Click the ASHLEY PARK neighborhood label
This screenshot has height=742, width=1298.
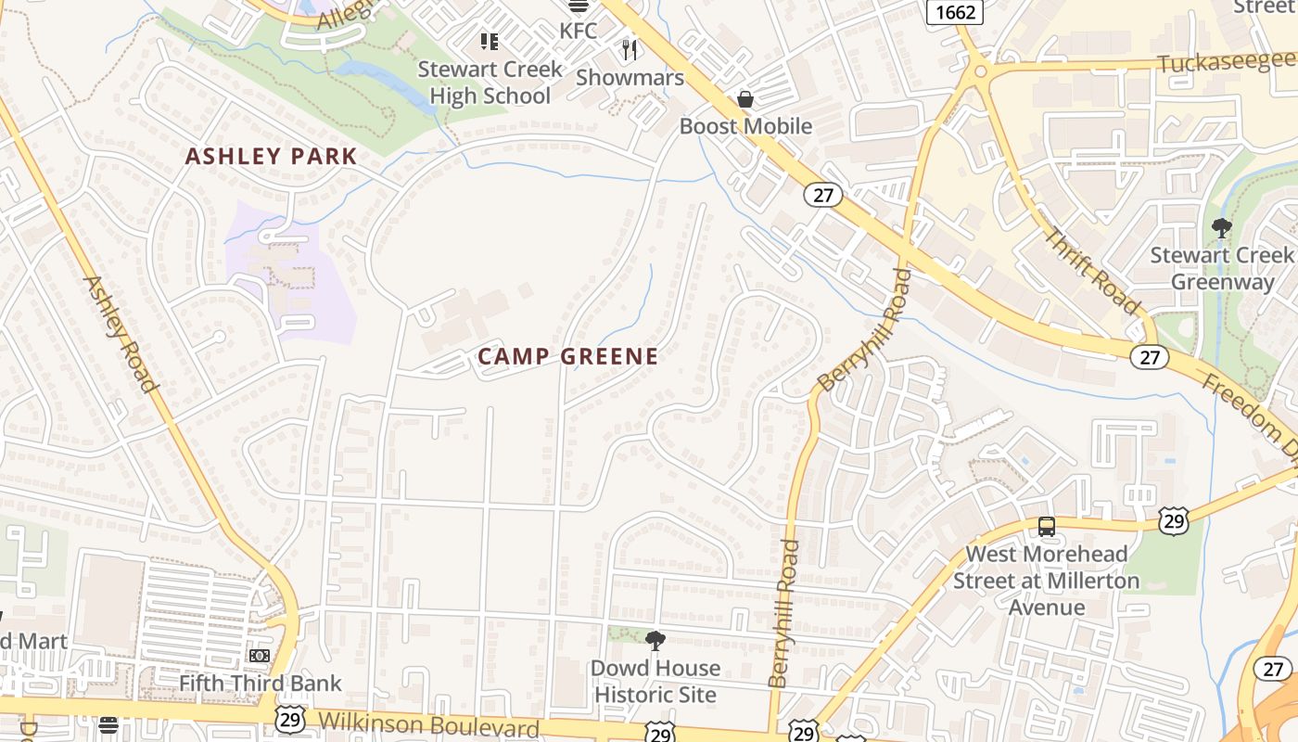pyautogui.click(x=271, y=156)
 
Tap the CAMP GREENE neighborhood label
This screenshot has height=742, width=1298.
pyautogui.click(x=567, y=356)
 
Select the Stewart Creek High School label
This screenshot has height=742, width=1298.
pyautogui.click(x=490, y=83)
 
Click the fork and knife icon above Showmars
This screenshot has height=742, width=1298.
pyautogui.click(x=630, y=50)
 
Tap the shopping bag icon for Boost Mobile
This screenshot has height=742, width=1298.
pyautogui.click(x=745, y=98)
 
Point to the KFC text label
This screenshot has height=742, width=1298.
pyautogui.click(x=579, y=31)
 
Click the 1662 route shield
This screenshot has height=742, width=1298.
pyautogui.click(x=955, y=11)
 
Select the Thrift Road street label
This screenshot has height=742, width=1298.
pyautogui.click(x=1091, y=270)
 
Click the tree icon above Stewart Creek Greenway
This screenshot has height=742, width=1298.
pyautogui.click(x=1222, y=227)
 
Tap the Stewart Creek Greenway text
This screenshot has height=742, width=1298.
pyautogui.click(x=1222, y=268)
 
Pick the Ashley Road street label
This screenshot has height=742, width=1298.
pyautogui.click(x=120, y=334)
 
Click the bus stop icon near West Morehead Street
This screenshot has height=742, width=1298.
pyautogui.click(x=1047, y=527)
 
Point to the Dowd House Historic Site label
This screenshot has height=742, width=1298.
pyautogui.click(x=655, y=681)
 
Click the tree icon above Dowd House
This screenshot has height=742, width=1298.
pyautogui.click(x=655, y=640)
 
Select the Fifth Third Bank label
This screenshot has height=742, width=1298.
pyautogui.click(x=261, y=684)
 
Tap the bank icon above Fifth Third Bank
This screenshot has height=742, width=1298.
pyautogui.click(x=260, y=656)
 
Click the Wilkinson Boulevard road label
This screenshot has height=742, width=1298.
pyautogui.click(x=428, y=724)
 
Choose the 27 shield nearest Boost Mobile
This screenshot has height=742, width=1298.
pyautogui.click(x=821, y=195)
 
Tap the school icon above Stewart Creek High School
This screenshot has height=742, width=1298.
pyautogui.click(x=489, y=42)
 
